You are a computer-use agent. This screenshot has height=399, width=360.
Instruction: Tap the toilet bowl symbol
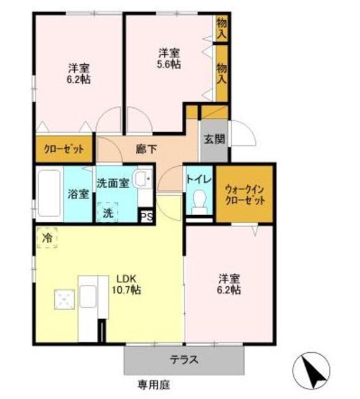[199, 201]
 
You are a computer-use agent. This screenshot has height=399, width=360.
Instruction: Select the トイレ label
[199, 179]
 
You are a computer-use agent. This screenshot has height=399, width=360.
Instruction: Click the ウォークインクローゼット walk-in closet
[245, 193]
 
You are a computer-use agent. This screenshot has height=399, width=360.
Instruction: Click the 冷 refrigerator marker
[47, 238]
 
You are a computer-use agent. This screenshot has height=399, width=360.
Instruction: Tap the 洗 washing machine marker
[108, 211]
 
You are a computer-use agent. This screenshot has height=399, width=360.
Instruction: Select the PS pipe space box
[147, 216]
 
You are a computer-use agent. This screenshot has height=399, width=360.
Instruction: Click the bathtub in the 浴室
[49, 193]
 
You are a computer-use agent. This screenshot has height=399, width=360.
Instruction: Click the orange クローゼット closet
[64, 150]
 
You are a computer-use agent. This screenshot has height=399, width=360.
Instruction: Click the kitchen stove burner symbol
[63, 299]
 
